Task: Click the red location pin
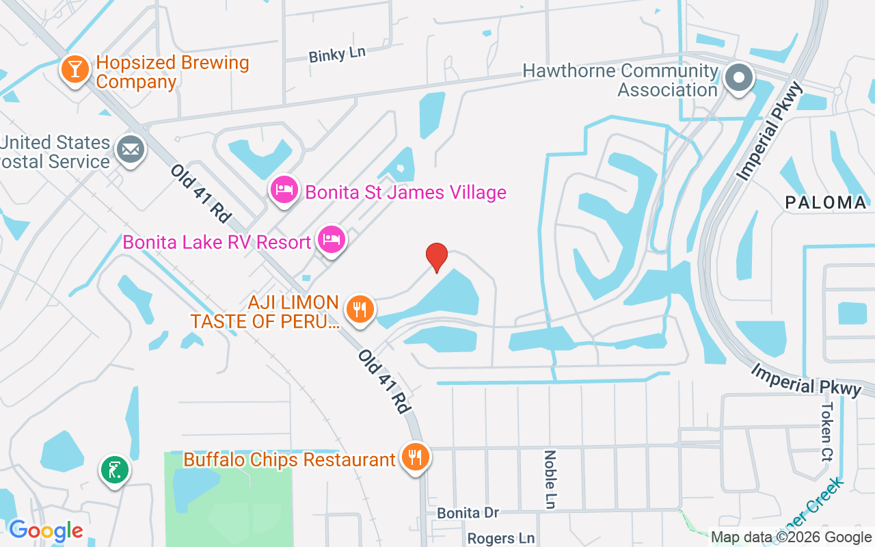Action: coord(436,258)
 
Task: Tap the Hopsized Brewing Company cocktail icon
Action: coord(75,69)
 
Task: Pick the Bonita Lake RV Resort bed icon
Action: coord(332,240)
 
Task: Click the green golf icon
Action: coord(115,470)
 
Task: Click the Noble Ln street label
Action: coord(550,479)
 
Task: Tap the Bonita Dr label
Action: coord(468,513)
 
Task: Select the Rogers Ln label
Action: coord(500,539)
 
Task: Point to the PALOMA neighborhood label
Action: coord(826,202)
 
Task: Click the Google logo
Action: coord(46,531)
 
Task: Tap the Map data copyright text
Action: coord(791,537)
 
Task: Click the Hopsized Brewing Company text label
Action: coord(172,72)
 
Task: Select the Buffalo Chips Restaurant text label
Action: coord(289,459)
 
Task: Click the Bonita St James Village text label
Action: coord(405,192)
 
